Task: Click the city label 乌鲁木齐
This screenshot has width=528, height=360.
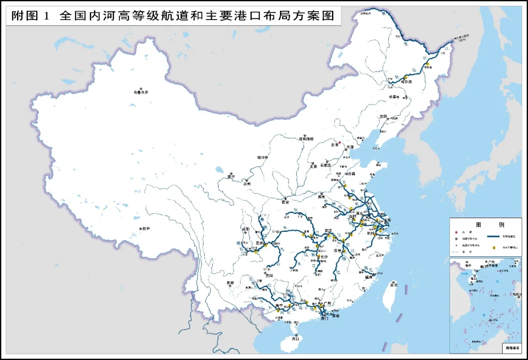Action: tap(141, 92)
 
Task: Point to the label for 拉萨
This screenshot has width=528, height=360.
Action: tap(145, 228)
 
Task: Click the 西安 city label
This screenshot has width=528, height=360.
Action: tap(286, 202)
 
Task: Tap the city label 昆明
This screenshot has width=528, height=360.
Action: tap(230, 283)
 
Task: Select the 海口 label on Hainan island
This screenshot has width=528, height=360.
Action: tap(295, 338)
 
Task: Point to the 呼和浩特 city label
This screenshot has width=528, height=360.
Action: tap(308, 139)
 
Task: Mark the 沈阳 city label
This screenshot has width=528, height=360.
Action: tap(383, 116)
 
